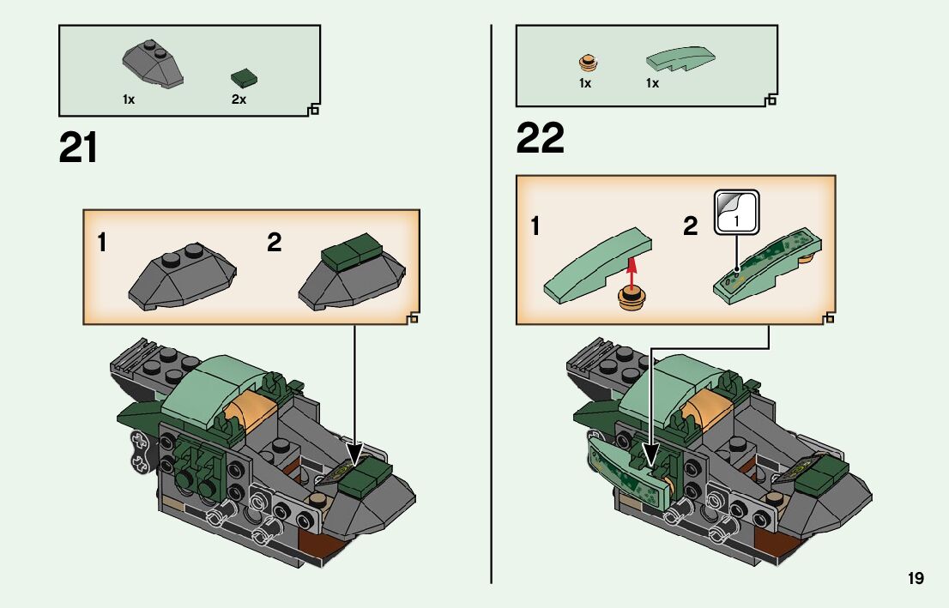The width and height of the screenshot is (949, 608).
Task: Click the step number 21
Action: pos(78,147)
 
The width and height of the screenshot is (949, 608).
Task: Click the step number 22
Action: pos(540,138)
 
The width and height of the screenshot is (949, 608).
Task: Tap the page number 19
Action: pos(916,578)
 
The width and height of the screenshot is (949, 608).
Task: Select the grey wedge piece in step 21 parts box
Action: pos(153,64)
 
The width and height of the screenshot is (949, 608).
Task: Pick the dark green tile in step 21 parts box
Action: pos(244,78)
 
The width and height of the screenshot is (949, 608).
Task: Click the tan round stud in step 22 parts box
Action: pos(588,63)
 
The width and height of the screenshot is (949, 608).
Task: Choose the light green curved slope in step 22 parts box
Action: pos(680,58)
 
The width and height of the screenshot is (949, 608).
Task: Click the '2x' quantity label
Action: pos(239,99)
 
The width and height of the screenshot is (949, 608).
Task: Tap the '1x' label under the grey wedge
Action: pos(129,99)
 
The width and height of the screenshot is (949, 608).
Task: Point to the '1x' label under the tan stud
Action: pos(584,83)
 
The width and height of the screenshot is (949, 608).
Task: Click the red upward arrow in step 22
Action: pos(632,273)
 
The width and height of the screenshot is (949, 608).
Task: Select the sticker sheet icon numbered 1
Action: pos(736,212)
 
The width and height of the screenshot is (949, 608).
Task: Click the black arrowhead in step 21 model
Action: pos(354,455)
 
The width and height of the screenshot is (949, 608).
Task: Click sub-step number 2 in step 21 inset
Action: pos(275,243)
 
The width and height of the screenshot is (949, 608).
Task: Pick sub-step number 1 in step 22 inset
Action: pos(535,226)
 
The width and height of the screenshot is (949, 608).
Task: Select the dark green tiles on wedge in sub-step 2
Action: pos(352,250)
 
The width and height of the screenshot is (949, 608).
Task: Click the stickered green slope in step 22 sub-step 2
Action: pos(768,266)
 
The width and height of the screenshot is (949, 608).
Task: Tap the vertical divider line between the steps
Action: pos(491,304)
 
